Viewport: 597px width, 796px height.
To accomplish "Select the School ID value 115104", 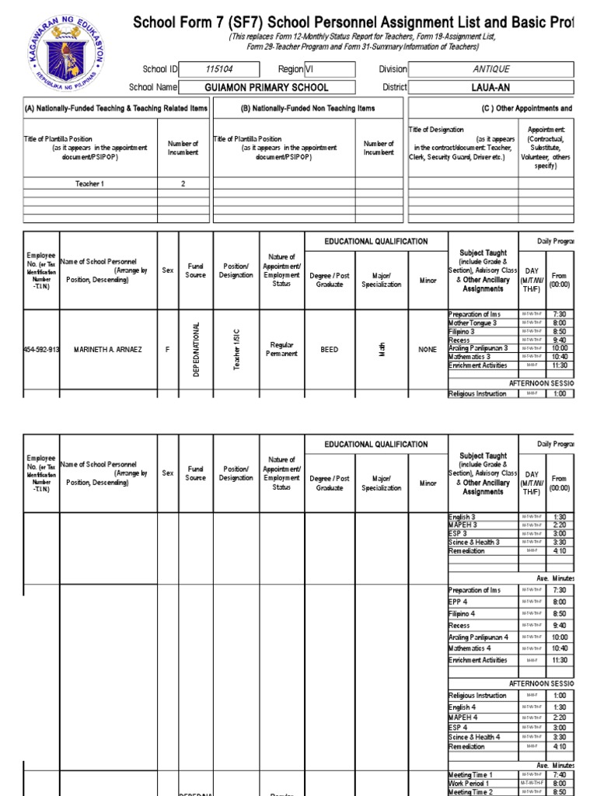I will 219,69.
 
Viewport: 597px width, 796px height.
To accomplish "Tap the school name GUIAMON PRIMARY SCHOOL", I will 266,88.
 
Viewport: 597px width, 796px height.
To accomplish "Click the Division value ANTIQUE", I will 491,69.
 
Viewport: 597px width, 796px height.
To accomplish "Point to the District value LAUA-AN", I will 491,88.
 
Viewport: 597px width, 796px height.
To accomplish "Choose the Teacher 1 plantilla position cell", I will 89,183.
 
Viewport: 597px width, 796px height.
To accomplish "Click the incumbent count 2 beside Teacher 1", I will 183,183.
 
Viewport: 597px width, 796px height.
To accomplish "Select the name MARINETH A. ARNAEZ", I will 107,350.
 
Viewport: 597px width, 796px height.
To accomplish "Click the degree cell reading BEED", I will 329,350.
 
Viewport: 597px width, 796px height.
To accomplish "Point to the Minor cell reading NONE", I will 428,350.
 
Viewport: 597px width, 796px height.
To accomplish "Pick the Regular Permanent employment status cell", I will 281,350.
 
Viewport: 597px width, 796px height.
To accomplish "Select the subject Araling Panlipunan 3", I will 478,348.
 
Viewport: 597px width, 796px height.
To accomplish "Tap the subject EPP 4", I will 458,602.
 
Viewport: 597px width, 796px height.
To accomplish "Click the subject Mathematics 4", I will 470,648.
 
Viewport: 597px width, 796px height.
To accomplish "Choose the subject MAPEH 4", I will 463,717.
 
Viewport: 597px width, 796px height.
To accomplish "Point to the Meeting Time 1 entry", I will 470,775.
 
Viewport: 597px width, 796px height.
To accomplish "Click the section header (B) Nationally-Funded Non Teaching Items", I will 308,109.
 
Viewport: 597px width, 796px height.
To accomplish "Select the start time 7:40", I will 560,775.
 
